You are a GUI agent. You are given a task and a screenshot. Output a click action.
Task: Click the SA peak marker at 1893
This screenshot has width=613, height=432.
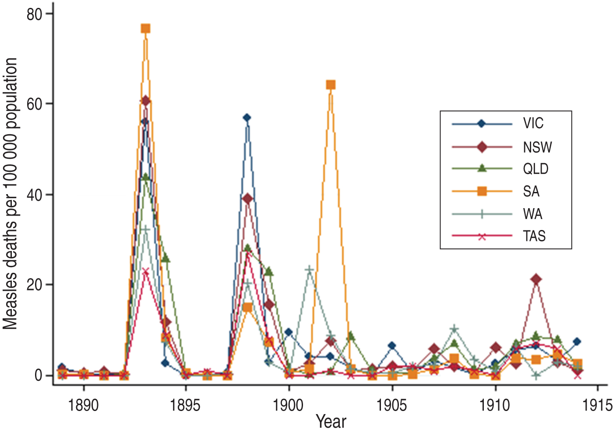(145, 29)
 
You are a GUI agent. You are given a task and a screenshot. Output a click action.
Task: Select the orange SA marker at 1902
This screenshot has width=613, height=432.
(331, 85)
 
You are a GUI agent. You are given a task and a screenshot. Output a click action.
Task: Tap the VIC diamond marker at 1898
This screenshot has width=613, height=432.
(247, 118)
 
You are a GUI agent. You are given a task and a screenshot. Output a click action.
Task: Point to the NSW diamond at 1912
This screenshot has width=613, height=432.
(536, 279)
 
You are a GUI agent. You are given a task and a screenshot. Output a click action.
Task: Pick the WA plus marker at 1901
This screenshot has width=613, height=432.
(310, 270)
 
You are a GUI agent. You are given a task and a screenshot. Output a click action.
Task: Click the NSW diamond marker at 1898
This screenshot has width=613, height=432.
(247, 199)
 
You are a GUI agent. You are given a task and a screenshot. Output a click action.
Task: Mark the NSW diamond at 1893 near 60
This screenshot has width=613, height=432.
(145, 101)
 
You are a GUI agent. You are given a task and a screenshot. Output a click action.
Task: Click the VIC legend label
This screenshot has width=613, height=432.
(533, 124)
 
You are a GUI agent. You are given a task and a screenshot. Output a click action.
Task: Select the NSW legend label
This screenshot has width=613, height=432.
(537, 147)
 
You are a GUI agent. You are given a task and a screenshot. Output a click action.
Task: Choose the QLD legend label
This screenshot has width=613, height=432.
(535, 169)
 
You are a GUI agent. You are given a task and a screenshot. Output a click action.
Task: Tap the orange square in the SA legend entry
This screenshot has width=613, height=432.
(482, 191)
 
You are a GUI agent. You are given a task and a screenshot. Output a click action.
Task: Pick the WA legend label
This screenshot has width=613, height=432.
(532, 214)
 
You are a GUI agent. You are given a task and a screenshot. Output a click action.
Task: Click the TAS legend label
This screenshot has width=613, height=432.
(534, 236)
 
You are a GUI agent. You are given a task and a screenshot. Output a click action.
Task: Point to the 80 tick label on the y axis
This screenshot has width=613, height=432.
(34, 14)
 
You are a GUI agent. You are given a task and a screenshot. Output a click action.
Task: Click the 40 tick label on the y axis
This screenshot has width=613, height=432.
(34, 195)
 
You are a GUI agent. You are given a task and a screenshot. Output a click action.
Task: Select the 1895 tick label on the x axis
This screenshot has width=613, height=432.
(186, 405)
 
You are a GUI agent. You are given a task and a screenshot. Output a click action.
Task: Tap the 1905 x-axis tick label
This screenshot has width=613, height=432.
(392, 405)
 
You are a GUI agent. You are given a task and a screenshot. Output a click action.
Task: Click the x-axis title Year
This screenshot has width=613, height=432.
(331, 422)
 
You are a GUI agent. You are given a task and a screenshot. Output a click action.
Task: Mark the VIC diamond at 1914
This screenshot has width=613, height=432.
(577, 341)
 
